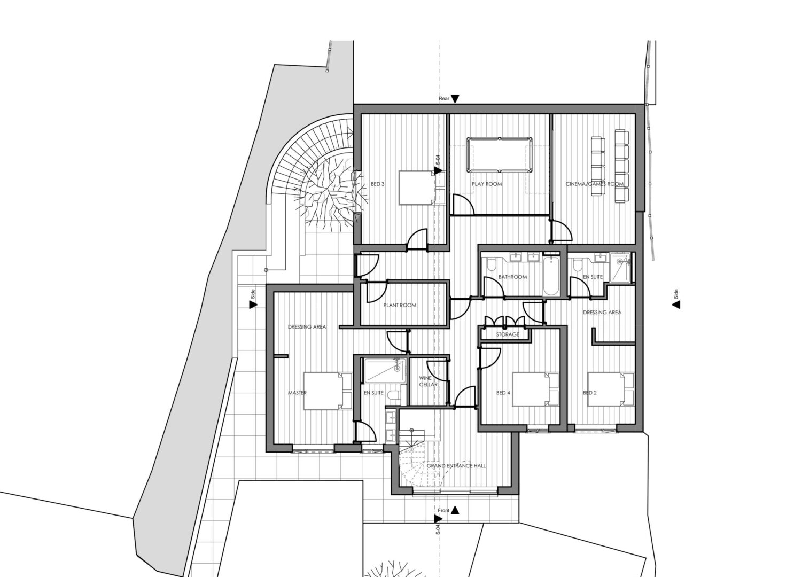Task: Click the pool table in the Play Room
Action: point(499,154)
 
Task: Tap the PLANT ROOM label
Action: point(400,305)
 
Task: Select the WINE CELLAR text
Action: point(428,381)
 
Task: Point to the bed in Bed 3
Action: point(422,188)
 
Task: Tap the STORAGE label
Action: point(508,334)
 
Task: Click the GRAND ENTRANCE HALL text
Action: point(456,466)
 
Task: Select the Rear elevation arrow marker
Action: point(455,99)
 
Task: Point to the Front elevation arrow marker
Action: point(455,510)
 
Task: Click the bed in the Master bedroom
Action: point(328,391)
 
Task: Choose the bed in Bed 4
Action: point(535,389)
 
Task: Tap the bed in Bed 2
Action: point(611,389)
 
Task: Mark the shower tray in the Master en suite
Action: point(385,370)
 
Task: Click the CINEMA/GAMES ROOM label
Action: point(594,184)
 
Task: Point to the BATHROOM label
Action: point(512,277)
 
